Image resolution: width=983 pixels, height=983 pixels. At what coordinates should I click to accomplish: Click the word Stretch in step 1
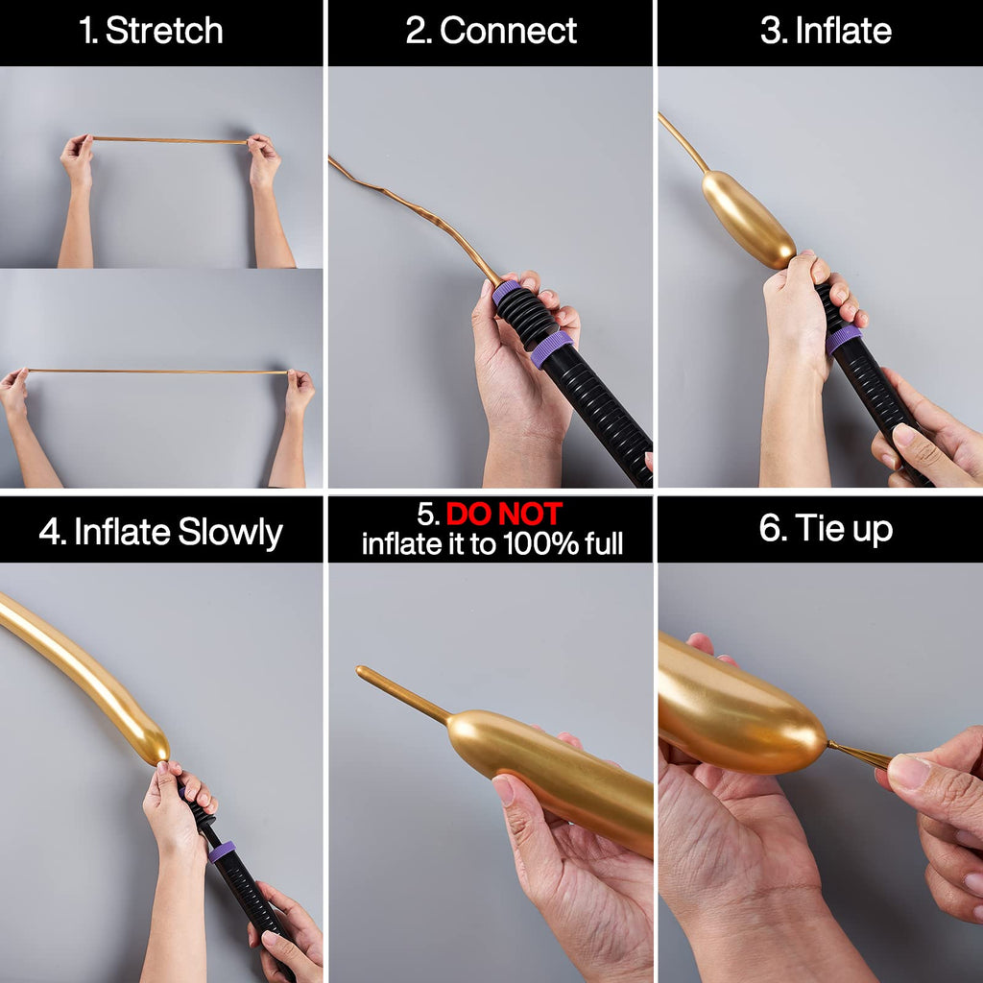164,31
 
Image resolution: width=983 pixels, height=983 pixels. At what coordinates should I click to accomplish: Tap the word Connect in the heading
508,31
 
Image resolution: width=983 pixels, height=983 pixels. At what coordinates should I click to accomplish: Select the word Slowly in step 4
230,533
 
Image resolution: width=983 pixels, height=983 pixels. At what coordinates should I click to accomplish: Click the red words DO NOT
503,515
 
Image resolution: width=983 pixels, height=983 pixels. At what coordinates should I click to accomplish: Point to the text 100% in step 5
540,543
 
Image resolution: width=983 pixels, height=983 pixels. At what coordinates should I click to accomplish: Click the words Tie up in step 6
844,529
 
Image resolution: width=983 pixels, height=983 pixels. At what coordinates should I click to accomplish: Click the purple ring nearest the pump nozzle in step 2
507,293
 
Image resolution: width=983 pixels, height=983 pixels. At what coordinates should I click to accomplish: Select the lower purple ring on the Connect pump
552,349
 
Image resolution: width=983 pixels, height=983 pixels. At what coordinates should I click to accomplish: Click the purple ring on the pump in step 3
843,340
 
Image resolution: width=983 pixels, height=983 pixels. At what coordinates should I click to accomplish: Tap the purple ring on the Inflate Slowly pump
222,851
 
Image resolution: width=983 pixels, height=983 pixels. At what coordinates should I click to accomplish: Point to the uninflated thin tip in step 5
402,694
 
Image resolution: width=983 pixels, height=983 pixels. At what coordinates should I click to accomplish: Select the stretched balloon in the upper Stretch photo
169,140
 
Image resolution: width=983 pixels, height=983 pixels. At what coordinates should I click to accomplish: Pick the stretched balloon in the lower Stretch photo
156,372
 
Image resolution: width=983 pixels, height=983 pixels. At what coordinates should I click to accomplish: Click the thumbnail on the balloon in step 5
503,789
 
